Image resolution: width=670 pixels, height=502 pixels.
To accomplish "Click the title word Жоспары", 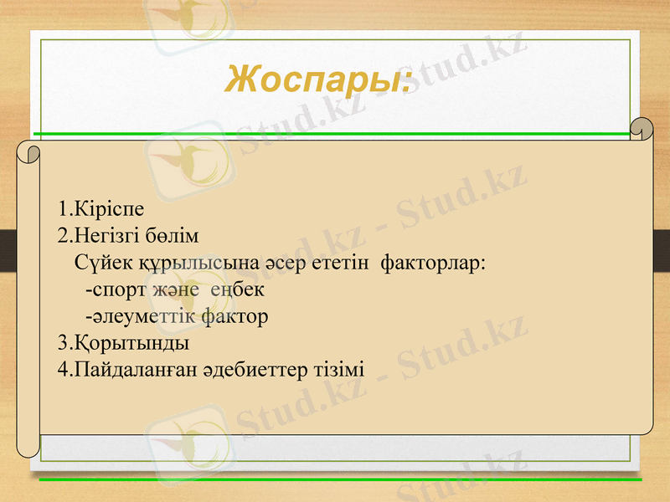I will pyautogui.click(x=317, y=79).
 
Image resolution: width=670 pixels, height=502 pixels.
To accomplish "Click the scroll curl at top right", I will pyautogui.click(x=642, y=129).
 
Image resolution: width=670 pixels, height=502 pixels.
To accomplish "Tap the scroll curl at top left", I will pyautogui.click(x=31, y=153).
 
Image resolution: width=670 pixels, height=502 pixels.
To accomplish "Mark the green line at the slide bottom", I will pyautogui.click(x=335, y=479).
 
